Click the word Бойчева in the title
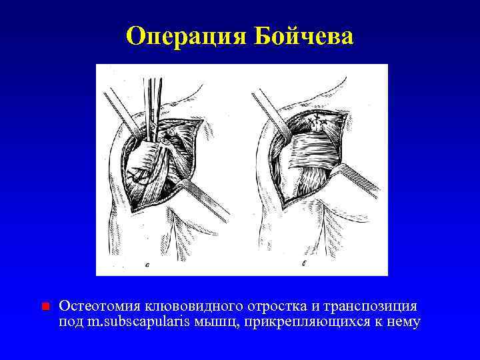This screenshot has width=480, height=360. click(303, 36)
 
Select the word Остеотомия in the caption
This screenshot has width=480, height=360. click(99, 306)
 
